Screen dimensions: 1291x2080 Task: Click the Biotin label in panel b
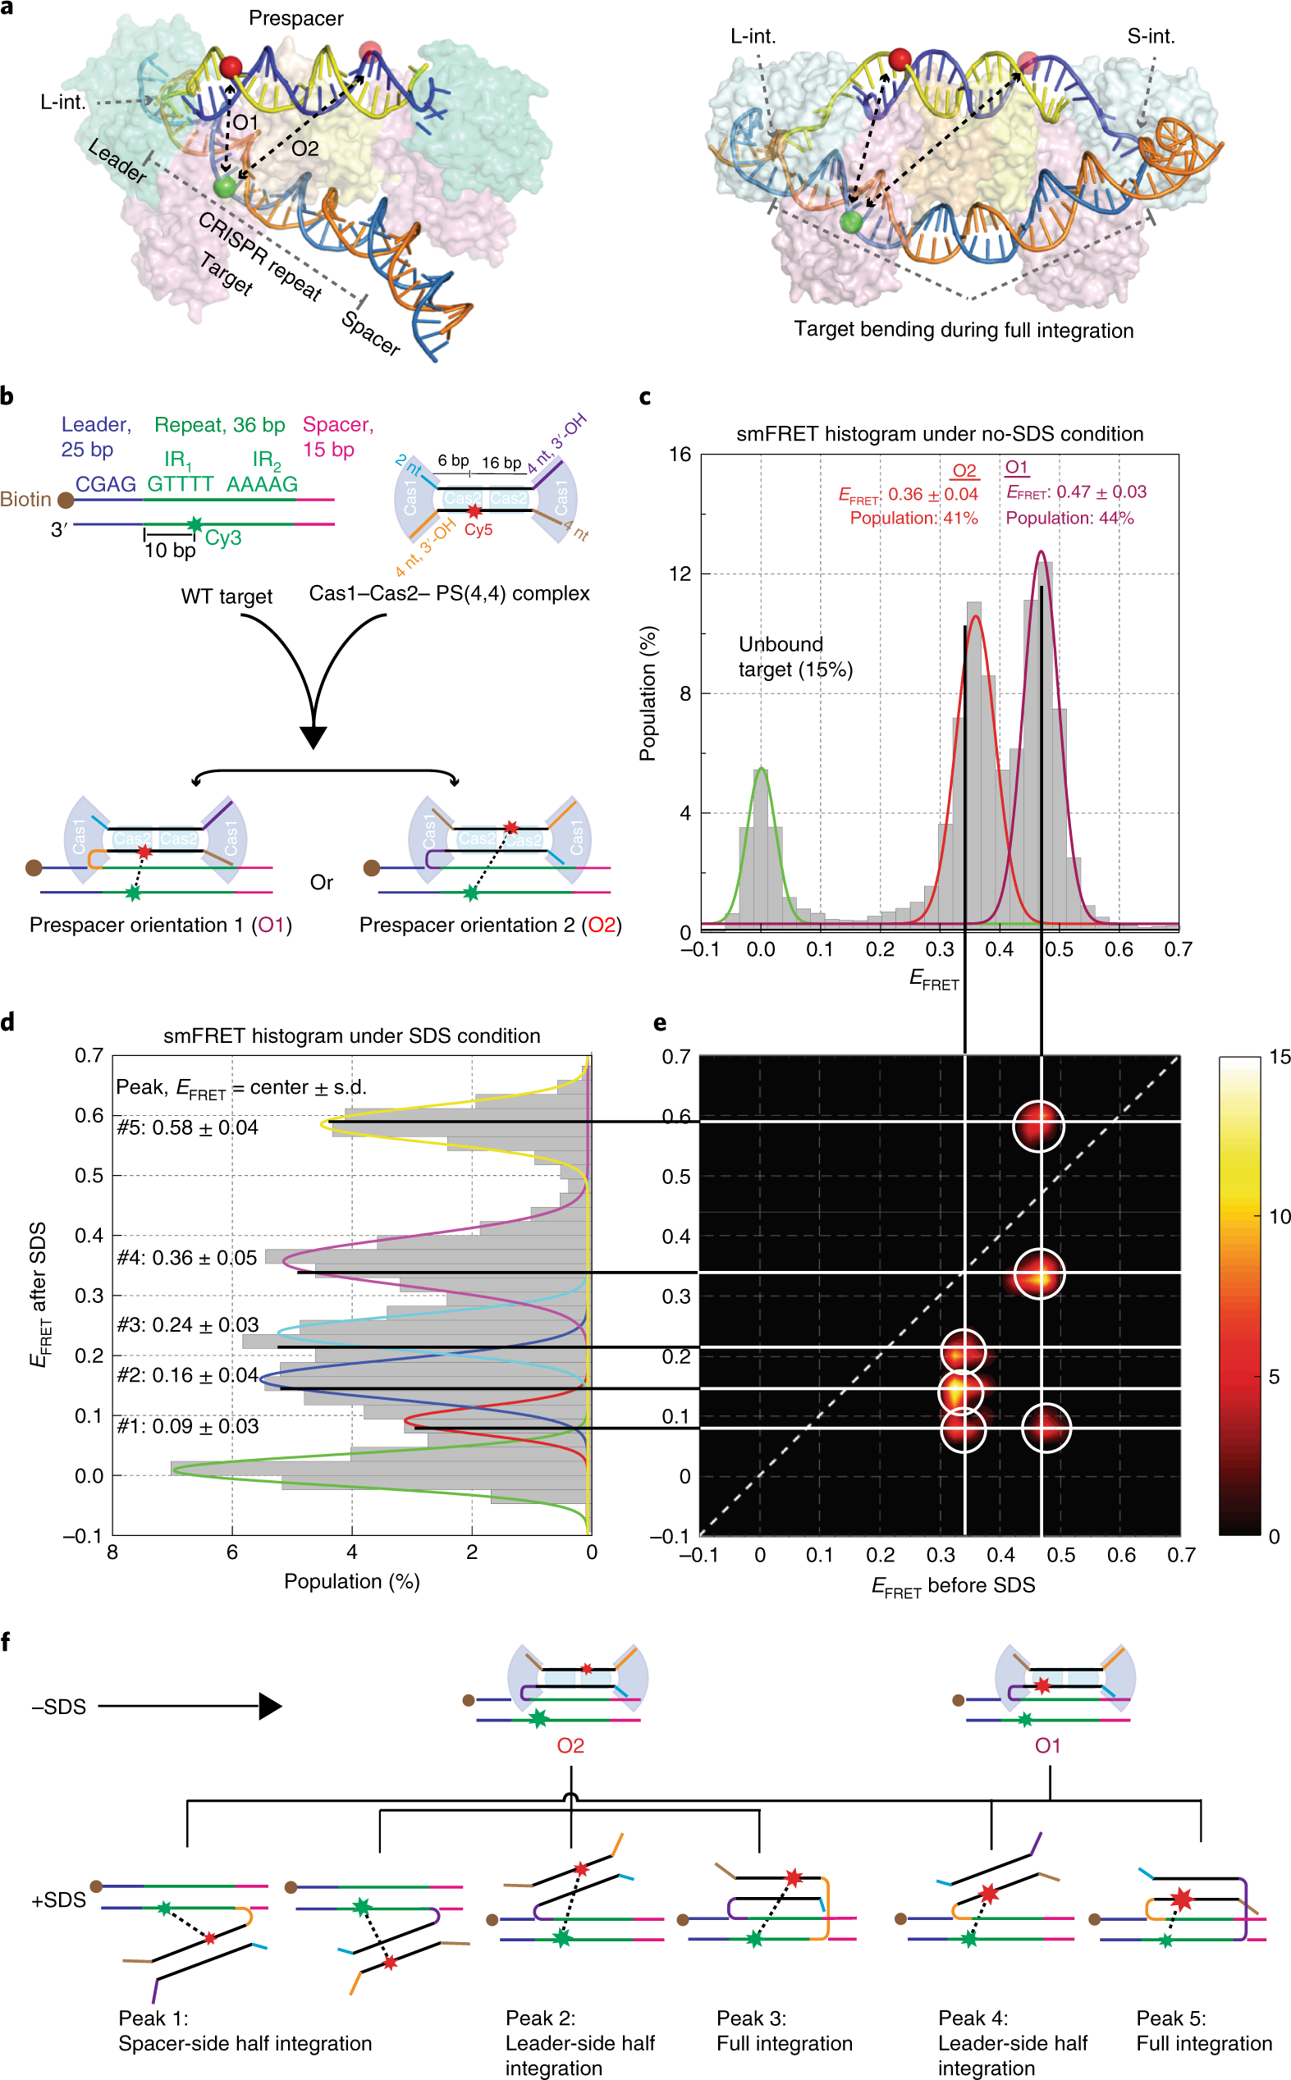click(25, 500)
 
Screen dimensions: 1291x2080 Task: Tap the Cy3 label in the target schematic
click(223, 537)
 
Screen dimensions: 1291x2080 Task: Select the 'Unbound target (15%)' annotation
click(796, 656)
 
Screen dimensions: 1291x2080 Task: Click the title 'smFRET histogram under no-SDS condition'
click(939, 433)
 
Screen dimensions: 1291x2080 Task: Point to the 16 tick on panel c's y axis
click(680, 454)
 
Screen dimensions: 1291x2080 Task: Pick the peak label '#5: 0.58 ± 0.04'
click(187, 1127)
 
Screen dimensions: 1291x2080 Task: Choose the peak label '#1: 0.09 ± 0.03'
click(187, 1426)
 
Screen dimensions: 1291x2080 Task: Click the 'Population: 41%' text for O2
click(913, 518)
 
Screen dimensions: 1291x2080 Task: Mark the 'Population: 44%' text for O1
click(1070, 518)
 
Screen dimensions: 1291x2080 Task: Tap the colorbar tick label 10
click(1279, 1217)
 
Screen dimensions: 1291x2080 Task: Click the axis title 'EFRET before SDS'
click(953, 1586)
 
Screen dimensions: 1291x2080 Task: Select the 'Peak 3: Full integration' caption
click(785, 2031)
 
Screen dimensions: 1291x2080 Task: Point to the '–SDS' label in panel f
click(59, 1707)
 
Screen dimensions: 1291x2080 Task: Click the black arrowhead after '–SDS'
click(270, 1706)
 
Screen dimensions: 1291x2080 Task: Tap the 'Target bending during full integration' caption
click(964, 331)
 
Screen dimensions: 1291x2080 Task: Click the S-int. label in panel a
click(1151, 37)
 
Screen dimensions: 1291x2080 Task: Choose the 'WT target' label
click(227, 597)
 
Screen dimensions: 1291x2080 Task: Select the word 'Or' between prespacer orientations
click(322, 883)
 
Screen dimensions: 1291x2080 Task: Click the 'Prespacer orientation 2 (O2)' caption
click(490, 926)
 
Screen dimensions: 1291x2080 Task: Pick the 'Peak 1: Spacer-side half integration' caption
click(245, 2031)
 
